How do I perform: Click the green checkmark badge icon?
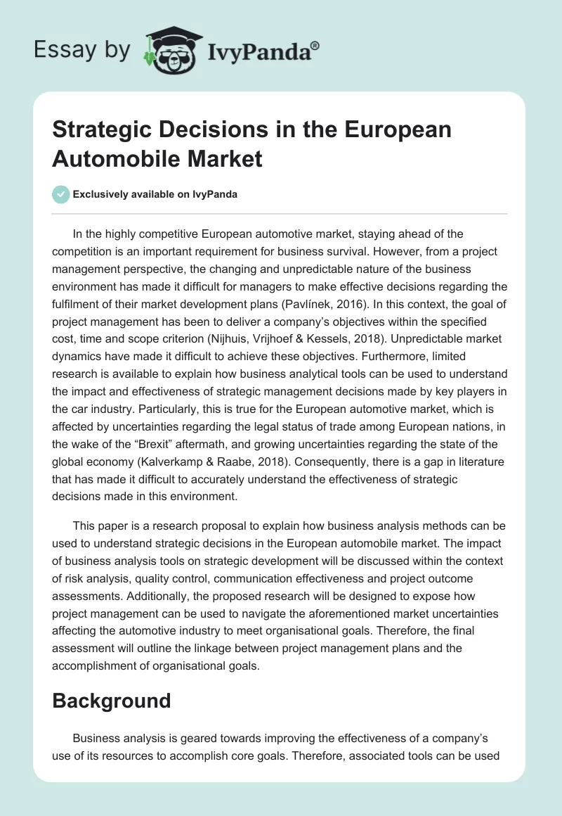[61, 194]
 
